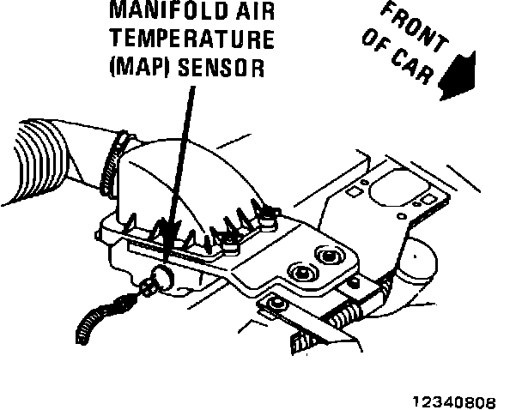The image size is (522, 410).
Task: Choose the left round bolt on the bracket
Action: click(x=301, y=272)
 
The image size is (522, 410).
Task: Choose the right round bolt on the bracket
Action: click(x=328, y=256)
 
